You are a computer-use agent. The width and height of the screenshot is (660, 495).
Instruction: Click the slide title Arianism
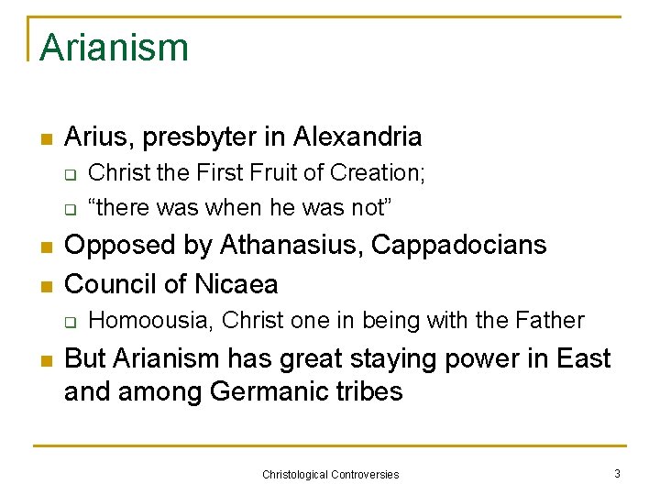pyautogui.click(x=114, y=47)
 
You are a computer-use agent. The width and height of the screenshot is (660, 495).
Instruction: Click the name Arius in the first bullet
pyautogui.click(x=93, y=137)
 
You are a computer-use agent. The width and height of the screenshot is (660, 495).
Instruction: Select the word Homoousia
pyautogui.click(x=151, y=321)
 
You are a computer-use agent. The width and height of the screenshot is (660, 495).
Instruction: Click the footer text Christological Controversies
pyautogui.click(x=330, y=474)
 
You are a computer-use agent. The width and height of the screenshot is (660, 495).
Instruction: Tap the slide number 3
pyautogui.click(x=617, y=473)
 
